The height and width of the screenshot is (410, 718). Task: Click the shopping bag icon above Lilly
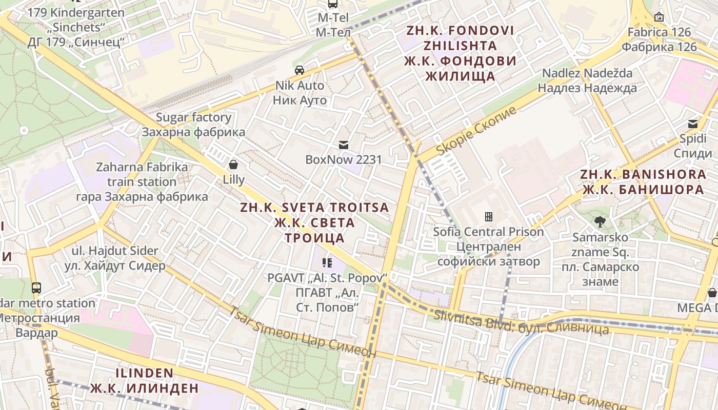click(x=233, y=165)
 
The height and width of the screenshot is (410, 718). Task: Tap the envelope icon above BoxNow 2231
click(x=344, y=145)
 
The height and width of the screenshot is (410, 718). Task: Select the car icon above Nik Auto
click(x=300, y=70)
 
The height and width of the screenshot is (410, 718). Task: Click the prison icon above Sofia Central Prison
click(x=488, y=217)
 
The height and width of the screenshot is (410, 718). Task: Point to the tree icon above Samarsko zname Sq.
click(x=600, y=222)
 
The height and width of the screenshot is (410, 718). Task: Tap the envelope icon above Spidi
click(x=693, y=124)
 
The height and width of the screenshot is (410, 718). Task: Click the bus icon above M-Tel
click(x=333, y=4)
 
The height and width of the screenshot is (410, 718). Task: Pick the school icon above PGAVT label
click(x=327, y=263)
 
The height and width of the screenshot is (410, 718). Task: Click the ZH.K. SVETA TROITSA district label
click(x=314, y=222)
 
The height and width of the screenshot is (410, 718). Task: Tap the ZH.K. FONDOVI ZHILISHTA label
click(x=460, y=53)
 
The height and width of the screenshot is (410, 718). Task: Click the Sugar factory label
click(x=193, y=125)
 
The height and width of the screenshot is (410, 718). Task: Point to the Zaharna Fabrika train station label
click(x=142, y=182)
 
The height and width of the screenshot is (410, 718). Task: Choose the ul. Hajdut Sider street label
click(x=115, y=258)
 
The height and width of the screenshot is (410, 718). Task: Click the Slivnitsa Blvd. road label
click(x=521, y=323)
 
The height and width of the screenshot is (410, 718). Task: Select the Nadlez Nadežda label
click(x=587, y=80)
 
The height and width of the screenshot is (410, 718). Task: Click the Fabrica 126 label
click(x=660, y=39)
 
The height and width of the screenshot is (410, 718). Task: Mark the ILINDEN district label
click(x=144, y=380)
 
